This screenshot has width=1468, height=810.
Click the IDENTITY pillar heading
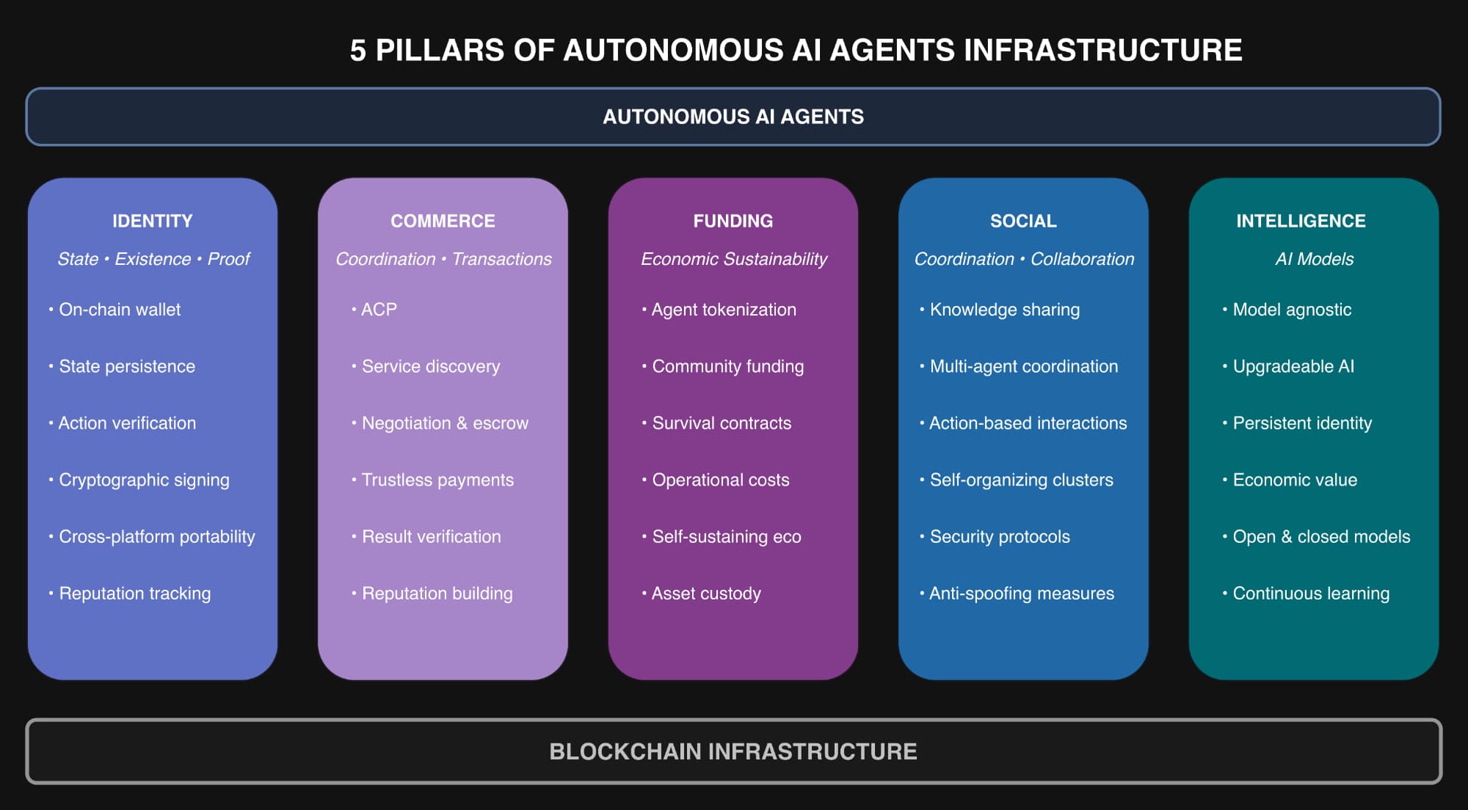tap(152, 221)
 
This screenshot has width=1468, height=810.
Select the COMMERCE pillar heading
tap(443, 221)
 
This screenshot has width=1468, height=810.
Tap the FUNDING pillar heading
tap(733, 221)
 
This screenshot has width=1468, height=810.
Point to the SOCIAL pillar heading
tap(1023, 221)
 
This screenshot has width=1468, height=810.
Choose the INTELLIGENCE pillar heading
tap(1301, 221)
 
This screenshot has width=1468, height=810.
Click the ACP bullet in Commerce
tap(379, 310)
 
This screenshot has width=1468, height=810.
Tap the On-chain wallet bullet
tap(120, 310)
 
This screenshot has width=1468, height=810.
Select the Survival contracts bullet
tap(722, 423)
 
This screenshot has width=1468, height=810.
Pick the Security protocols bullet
tap(1000, 537)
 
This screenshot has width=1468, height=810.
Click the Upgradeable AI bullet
tap(1293, 366)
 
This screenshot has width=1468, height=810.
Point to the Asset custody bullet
tap(706, 594)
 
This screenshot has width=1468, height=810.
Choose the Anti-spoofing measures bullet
tap(1021, 594)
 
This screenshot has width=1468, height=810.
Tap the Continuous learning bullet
tap(1311, 594)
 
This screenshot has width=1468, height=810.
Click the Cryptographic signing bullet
tap(144, 480)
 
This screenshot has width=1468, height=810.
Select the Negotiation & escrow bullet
tap(445, 423)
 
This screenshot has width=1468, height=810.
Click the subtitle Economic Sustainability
tap(733, 259)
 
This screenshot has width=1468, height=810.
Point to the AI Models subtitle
tap(1314, 259)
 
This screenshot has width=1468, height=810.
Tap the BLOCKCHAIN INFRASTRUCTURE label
tap(733, 751)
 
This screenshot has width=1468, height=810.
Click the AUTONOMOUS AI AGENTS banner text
tap(733, 117)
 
